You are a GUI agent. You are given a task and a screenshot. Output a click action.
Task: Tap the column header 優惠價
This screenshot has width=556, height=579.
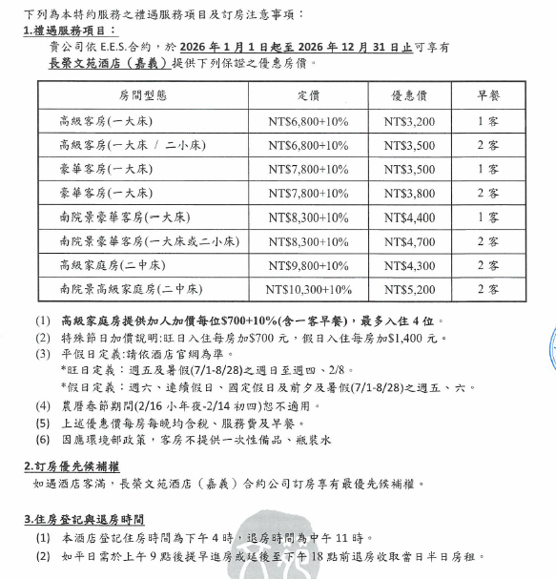coord(409,96)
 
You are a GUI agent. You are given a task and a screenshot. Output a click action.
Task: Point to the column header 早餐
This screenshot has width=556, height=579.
coord(488,96)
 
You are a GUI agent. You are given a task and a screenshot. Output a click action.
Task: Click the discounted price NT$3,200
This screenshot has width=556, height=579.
coord(409,122)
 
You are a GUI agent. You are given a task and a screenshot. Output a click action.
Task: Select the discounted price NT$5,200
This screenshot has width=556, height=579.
coord(409,289)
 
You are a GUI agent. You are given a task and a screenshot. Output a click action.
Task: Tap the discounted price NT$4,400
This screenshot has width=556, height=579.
coord(409,217)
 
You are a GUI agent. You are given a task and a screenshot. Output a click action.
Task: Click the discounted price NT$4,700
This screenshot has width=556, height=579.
coord(409,241)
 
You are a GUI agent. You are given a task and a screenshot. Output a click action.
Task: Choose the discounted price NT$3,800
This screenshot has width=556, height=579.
coord(409,194)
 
